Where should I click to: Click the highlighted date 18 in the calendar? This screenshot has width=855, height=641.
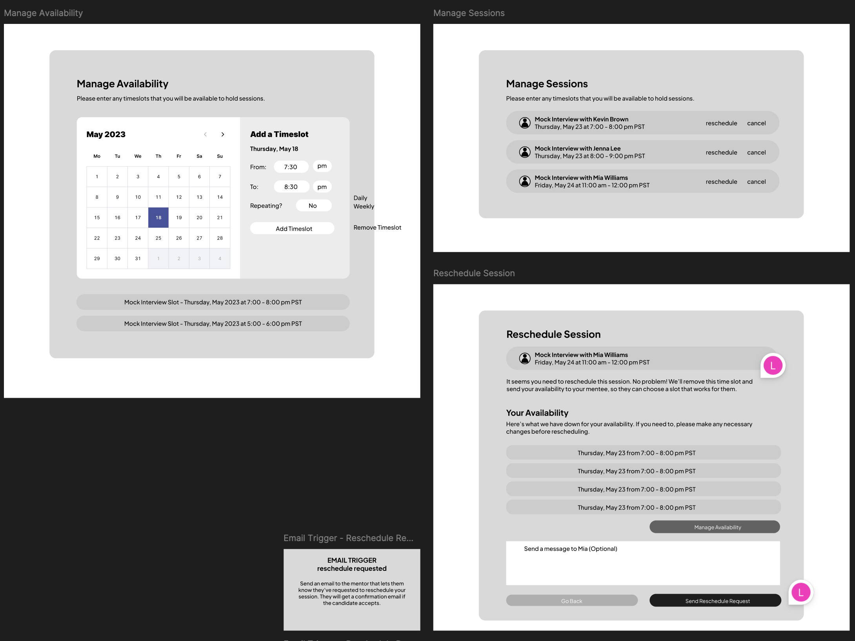click(x=158, y=217)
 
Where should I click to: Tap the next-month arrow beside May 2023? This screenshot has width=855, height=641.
click(x=223, y=134)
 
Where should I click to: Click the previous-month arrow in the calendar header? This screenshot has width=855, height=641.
click(x=205, y=134)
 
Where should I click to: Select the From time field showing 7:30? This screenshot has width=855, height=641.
click(x=291, y=167)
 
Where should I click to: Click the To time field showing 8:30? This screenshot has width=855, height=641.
click(x=291, y=187)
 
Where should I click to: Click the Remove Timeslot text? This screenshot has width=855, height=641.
click(x=377, y=228)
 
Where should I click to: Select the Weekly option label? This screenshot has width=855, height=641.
click(x=364, y=206)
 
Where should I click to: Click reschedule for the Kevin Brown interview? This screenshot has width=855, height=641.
click(x=721, y=123)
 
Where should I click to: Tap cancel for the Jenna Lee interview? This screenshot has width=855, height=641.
click(x=756, y=152)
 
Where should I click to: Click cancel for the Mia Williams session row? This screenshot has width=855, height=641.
click(x=756, y=182)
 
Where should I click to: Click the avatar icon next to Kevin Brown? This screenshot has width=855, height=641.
click(x=525, y=123)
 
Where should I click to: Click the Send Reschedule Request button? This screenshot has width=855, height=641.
click(x=715, y=601)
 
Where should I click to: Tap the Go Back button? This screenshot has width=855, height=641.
click(x=572, y=601)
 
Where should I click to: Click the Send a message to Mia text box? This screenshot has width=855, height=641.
click(x=643, y=563)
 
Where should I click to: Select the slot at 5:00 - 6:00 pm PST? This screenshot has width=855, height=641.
click(x=213, y=324)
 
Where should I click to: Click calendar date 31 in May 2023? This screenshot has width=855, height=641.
click(x=138, y=259)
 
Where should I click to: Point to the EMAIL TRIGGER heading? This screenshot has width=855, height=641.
click(x=352, y=560)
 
